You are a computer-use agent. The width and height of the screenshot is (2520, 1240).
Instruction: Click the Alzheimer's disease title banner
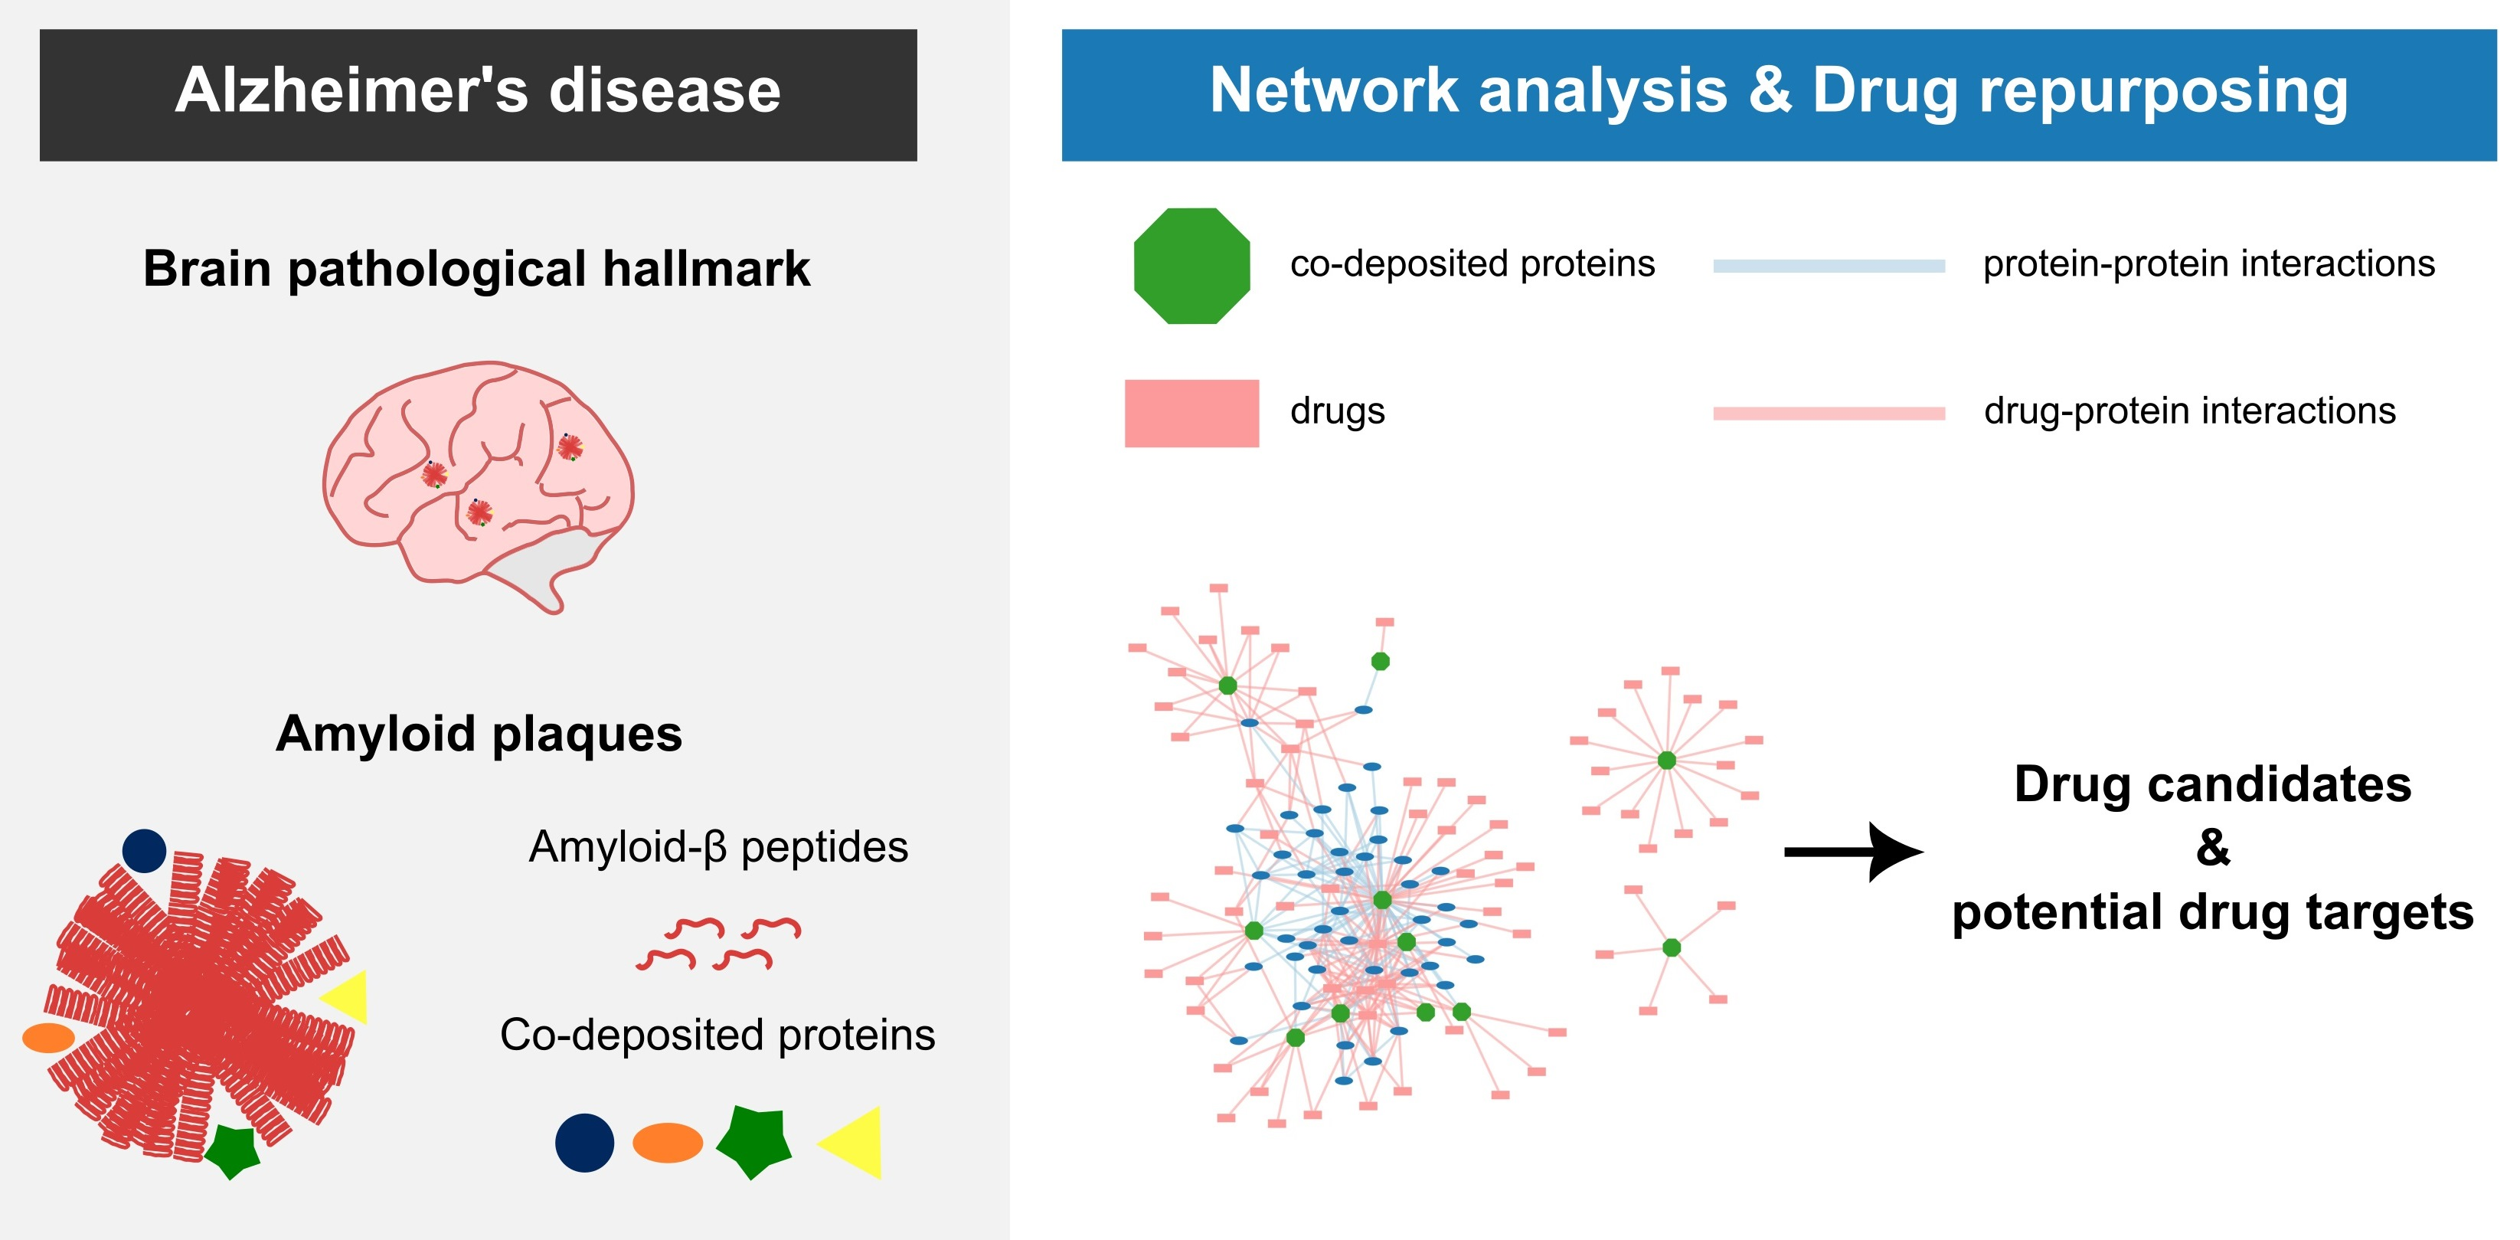pyautogui.click(x=479, y=95)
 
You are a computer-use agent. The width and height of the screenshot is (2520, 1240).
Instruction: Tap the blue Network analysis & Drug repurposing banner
pyautogui.click(x=1779, y=95)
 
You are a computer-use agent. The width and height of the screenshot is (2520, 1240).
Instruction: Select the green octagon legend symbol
pyautogui.click(x=1191, y=265)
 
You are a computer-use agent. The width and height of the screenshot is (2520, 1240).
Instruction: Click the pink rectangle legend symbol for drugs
pyautogui.click(x=1191, y=413)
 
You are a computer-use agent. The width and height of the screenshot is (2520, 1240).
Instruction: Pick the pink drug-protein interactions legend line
pyautogui.click(x=1829, y=413)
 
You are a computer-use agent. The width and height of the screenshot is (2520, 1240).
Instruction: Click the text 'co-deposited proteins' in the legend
pyautogui.click(x=1472, y=263)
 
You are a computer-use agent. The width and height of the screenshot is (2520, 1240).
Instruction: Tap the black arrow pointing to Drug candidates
pyautogui.click(x=1853, y=852)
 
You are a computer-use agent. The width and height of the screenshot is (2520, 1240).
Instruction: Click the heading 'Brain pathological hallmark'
pyautogui.click(x=476, y=268)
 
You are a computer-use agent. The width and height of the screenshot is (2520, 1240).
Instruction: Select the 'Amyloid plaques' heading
pyautogui.click(x=479, y=733)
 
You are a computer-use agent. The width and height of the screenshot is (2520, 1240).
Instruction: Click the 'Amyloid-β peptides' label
pyautogui.click(x=718, y=848)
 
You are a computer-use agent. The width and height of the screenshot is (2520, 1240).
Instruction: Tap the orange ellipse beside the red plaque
pyautogui.click(x=49, y=1037)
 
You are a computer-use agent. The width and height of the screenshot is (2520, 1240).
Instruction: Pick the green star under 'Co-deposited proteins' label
pyautogui.click(x=754, y=1142)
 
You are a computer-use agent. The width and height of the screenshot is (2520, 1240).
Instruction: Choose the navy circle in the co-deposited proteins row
pyautogui.click(x=585, y=1142)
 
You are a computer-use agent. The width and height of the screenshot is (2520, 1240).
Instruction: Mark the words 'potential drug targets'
pyautogui.click(x=2213, y=913)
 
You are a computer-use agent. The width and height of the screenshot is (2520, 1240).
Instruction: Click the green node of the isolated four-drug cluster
pyautogui.click(x=1672, y=947)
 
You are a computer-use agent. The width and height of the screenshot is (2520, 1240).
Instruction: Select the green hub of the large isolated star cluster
pyautogui.click(x=1667, y=761)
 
